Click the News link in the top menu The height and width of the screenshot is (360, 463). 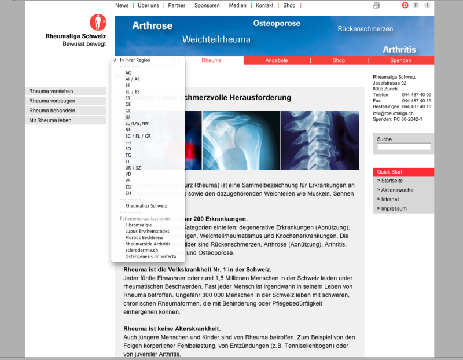pyautogui.click(x=122, y=5)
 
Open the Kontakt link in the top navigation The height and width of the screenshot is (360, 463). pyautogui.click(x=264, y=5)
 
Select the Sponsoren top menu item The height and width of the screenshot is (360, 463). pyautogui.click(x=207, y=5)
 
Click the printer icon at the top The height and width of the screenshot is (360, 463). pyautogui.click(x=376, y=5)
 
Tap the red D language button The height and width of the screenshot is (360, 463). pyautogui.click(x=405, y=5)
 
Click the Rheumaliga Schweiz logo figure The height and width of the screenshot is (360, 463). pyautogui.click(x=98, y=23)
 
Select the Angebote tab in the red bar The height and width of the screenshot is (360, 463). pyautogui.click(x=277, y=60)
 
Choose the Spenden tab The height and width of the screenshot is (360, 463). pyautogui.click(x=400, y=60)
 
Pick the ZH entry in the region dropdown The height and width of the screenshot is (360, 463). pyautogui.click(x=128, y=193)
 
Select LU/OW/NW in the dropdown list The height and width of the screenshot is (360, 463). pyautogui.click(x=137, y=123)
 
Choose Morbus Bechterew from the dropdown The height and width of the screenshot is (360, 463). pyautogui.click(x=144, y=237)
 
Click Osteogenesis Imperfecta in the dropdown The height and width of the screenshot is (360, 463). pyautogui.click(x=150, y=256)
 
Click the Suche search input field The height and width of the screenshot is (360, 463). pyautogui.click(x=403, y=147)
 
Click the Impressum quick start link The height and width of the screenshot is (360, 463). pyautogui.click(x=394, y=208)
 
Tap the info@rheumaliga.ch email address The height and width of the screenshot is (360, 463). pyautogui.click(x=393, y=113)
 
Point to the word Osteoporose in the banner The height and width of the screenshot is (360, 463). pyautogui.click(x=277, y=24)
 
